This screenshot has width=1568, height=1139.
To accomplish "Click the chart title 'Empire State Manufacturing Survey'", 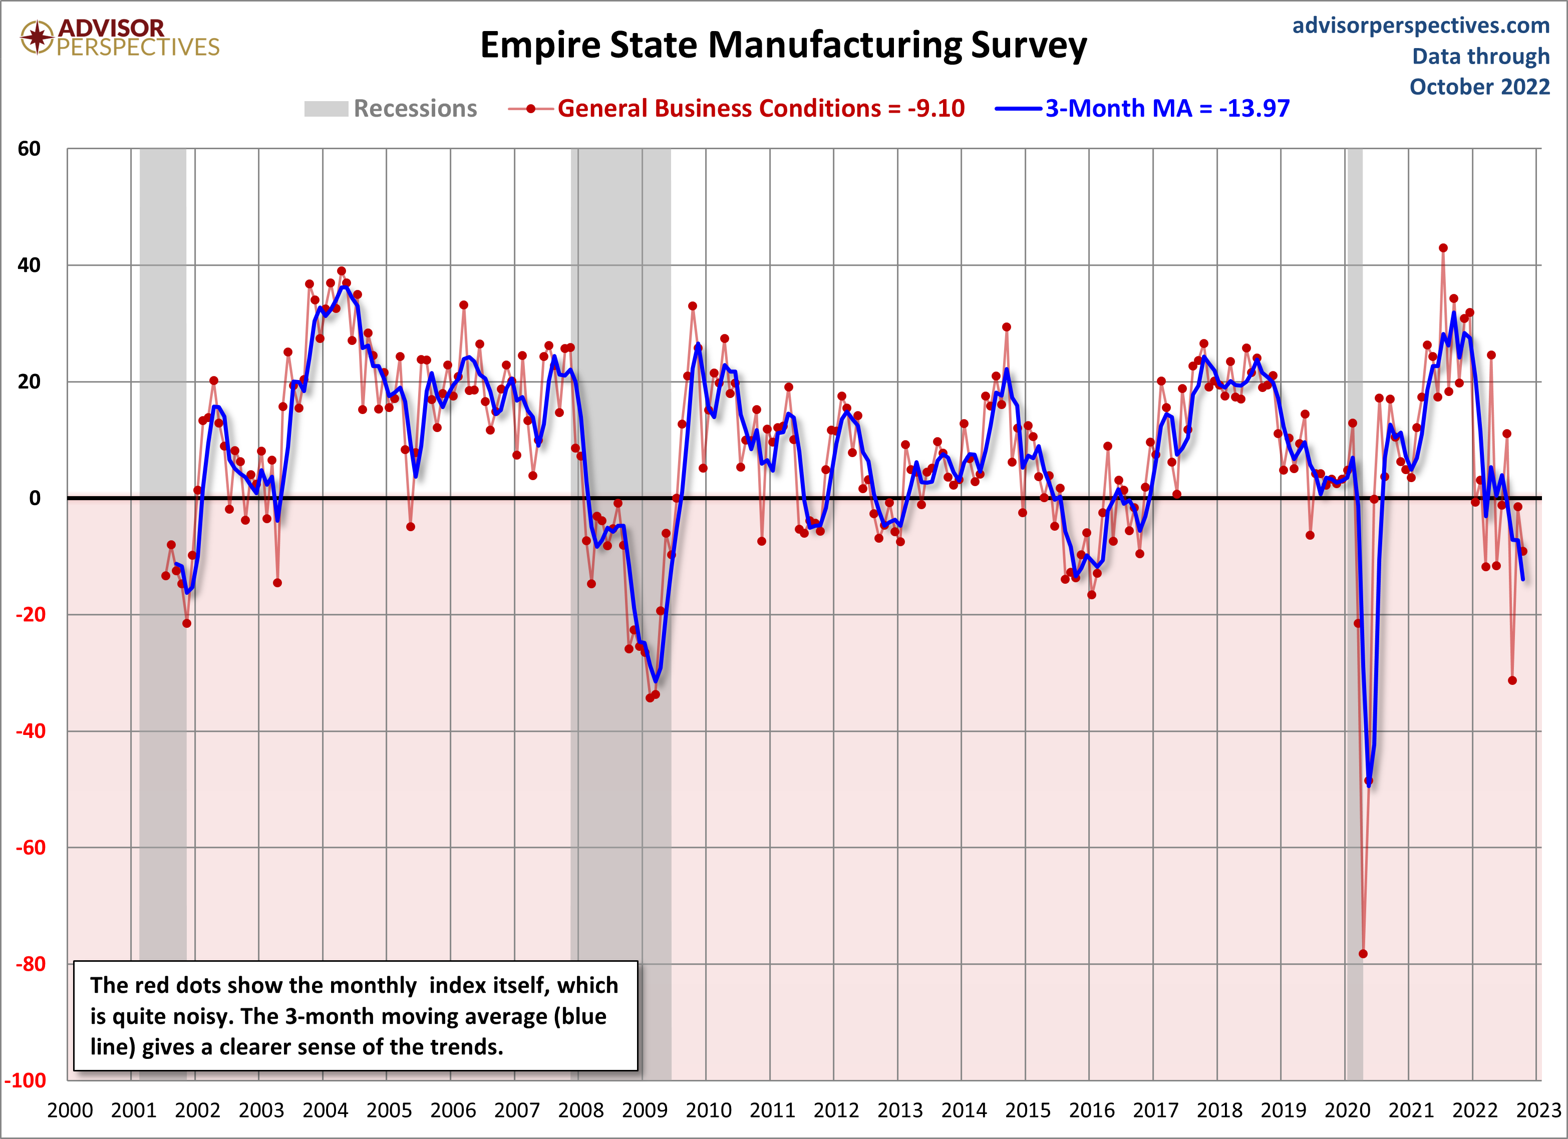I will [783, 46].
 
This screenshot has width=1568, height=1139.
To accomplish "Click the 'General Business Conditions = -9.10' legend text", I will [761, 109].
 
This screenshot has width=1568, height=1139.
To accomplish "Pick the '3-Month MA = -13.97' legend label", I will [1167, 109].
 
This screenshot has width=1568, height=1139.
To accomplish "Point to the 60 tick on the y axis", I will [29, 149].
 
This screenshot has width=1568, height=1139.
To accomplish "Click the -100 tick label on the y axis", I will [26, 1080].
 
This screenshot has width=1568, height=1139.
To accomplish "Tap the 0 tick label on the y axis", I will [35, 498].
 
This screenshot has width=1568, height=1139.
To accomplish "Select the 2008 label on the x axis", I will [581, 1110].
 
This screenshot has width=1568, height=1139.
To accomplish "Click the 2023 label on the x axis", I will [1538, 1110].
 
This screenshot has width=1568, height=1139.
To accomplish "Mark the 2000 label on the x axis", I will [70, 1110].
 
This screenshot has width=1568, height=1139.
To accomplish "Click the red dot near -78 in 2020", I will [1363, 954].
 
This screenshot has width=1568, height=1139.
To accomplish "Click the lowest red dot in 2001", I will [187, 623].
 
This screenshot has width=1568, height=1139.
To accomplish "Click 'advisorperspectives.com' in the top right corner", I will [1421, 26].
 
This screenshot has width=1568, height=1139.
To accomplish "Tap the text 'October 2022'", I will [1479, 87].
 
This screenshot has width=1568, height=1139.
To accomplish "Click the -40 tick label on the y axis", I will [29, 731].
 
